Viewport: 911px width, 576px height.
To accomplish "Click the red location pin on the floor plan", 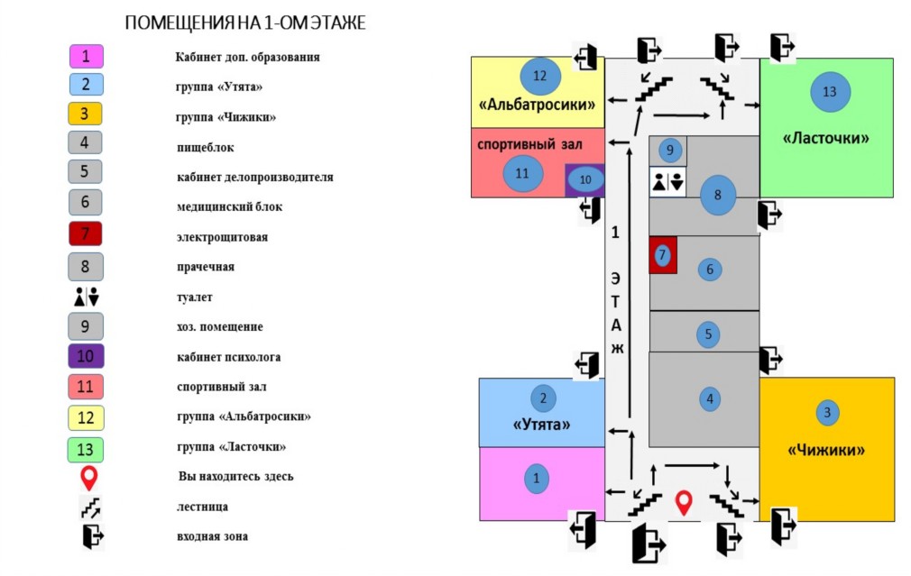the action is tap(684, 502).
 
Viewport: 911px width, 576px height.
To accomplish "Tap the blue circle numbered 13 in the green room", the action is tap(830, 92).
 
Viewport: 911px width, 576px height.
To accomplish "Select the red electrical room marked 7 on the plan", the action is tap(663, 255).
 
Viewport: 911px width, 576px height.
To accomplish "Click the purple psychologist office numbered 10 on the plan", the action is tap(585, 180).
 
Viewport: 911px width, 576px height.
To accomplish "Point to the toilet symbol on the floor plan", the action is tap(667, 182).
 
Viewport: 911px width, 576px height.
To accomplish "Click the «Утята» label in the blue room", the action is tap(541, 425).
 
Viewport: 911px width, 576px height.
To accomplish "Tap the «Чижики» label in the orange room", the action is tap(826, 450).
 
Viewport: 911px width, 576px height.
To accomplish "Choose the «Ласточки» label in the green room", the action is tap(826, 138).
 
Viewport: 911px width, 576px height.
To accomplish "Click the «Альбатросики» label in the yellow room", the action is tap(537, 105).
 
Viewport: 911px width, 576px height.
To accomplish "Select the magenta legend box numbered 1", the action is tap(86, 56).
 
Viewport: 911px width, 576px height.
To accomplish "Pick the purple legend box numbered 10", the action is tap(86, 356).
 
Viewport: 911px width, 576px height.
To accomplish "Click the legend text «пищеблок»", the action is tap(205, 148).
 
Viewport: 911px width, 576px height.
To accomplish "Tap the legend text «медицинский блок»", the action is tap(229, 206).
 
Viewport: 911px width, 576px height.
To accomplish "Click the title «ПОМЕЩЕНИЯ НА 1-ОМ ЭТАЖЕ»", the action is tap(245, 23).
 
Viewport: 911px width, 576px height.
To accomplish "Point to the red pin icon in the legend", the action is tap(88, 478).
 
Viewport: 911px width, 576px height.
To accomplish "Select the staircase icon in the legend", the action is tap(90, 507).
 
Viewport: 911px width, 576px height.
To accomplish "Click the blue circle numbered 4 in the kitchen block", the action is tap(709, 399).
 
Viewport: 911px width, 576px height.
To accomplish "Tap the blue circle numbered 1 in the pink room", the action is tap(536, 479).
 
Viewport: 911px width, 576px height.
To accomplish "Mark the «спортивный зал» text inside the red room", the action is tap(529, 144).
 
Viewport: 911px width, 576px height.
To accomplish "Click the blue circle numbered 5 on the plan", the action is tap(708, 334).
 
